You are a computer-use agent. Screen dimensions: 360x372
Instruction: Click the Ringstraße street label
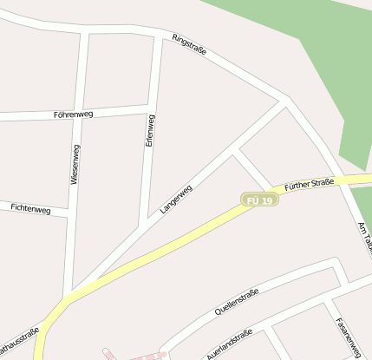point(189,45)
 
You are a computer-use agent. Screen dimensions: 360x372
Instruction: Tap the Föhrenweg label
point(73,114)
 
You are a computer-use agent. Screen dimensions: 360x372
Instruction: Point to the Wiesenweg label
point(75,165)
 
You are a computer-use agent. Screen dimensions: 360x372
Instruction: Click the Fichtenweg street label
point(31,209)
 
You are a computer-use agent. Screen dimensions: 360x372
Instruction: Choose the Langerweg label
point(176,200)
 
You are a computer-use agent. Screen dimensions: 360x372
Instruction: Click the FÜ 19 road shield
point(259,200)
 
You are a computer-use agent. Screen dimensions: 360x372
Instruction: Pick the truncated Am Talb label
point(364,236)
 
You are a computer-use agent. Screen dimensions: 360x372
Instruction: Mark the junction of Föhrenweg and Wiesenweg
point(80,116)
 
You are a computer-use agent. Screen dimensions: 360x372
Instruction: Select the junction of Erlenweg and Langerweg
point(141,227)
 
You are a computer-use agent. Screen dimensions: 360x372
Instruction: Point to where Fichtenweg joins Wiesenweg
point(69,213)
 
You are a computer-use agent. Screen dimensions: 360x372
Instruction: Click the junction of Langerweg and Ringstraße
point(284,102)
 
